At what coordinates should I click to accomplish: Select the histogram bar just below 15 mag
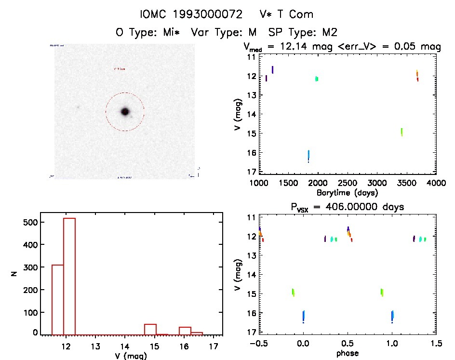click(x=150, y=329)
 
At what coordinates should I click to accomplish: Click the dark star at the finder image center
click(x=125, y=111)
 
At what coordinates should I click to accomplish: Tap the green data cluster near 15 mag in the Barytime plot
click(x=401, y=132)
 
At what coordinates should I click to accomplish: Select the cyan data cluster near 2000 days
click(x=317, y=79)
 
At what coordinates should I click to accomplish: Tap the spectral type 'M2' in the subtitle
click(x=329, y=32)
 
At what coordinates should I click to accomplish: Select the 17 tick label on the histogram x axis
click(x=214, y=346)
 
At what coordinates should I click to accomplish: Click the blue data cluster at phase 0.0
click(x=304, y=316)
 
